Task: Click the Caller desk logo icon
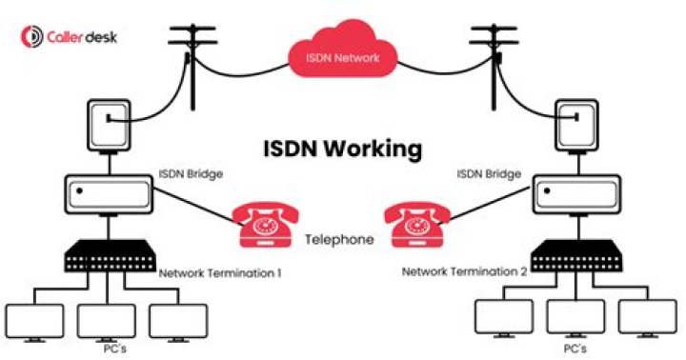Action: coord(32,37)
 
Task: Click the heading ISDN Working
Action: coord(343,149)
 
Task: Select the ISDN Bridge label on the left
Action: coord(191,173)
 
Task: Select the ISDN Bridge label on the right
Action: coord(489,173)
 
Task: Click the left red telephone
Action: coord(266,225)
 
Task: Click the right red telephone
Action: coord(417,225)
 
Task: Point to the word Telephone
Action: coord(339,239)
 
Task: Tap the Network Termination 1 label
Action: coord(220,273)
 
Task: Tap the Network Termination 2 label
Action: coord(464,271)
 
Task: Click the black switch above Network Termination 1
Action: coord(110,256)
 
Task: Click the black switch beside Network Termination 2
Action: coord(576,256)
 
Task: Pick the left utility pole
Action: coord(192,66)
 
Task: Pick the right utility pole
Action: coord(494,66)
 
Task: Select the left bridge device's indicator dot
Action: coord(79,190)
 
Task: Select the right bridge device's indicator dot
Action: coord(547,190)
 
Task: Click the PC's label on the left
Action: coord(115,350)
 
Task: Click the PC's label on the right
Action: coord(575,349)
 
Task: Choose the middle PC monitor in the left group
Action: coord(107,323)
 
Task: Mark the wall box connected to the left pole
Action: coord(109,126)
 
